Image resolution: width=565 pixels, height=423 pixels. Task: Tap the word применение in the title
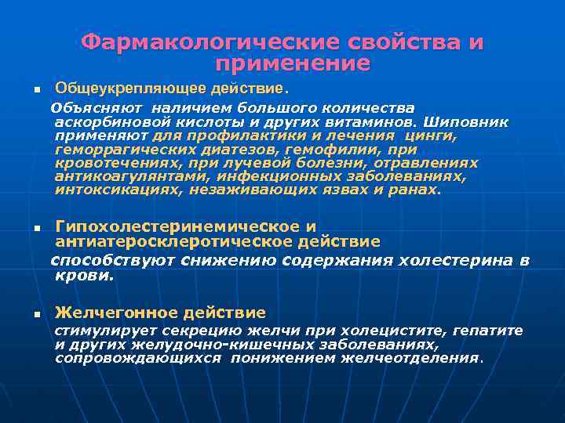pos(292,63)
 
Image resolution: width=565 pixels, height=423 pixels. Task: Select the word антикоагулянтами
pos(128,177)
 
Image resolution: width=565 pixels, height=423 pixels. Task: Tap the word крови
pos(83,276)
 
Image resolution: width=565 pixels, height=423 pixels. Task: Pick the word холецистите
pos(410,331)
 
